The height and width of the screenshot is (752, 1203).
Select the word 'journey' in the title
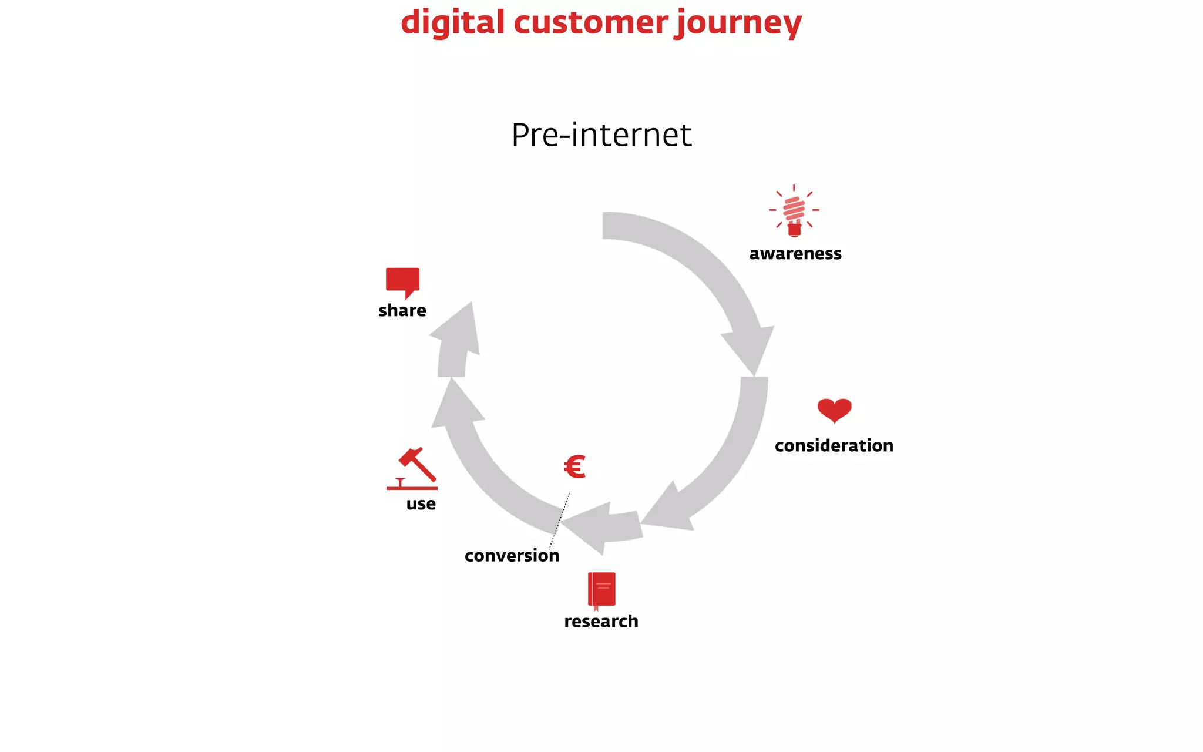point(738,23)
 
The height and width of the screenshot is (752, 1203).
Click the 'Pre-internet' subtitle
point(601,135)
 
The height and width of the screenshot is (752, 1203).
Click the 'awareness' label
point(795,254)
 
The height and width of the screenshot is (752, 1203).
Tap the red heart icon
point(834,410)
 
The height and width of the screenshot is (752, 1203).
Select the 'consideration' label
point(834,446)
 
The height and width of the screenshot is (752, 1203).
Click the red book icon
point(601,590)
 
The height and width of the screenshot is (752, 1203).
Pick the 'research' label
point(601,622)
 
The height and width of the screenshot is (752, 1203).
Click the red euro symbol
point(574,467)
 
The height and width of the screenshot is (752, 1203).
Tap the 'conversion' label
point(512,556)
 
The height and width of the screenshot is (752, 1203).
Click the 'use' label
point(421,504)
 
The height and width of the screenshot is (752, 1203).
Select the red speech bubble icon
point(402,281)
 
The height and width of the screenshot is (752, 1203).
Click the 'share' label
point(402,311)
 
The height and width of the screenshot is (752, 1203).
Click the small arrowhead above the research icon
point(593,526)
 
